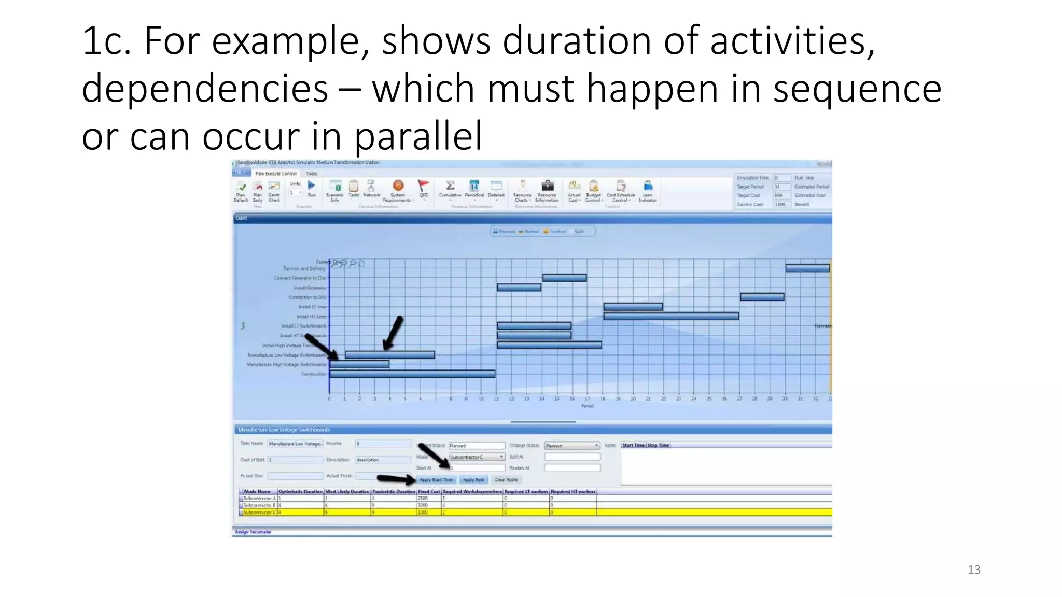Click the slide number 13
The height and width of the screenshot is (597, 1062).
click(x=974, y=570)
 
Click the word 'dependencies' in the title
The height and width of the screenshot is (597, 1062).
click(x=205, y=89)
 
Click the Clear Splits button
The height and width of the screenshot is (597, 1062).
click(x=506, y=480)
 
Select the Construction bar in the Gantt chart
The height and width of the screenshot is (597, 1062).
click(x=412, y=374)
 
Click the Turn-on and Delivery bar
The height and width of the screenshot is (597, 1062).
click(x=807, y=268)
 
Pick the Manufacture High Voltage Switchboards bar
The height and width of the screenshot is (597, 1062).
click(x=359, y=364)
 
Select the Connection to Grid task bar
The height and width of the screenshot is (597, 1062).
click(x=762, y=297)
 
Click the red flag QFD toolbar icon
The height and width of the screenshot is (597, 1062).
click(x=423, y=186)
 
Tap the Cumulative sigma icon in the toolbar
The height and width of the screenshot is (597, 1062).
click(x=450, y=186)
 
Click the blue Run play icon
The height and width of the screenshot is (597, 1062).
click(x=311, y=186)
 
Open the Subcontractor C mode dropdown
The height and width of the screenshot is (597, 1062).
click(x=477, y=457)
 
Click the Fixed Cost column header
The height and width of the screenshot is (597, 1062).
click(x=429, y=491)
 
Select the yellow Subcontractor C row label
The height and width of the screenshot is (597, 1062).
click(x=259, y=512)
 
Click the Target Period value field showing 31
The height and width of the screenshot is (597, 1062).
click(x=781, y=187)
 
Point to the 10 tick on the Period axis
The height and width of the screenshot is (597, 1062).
click(x=481, y=399)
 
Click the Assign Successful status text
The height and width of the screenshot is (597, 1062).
click(x=253, y=532)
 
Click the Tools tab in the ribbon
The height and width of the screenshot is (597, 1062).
click(x=311, y=174)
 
